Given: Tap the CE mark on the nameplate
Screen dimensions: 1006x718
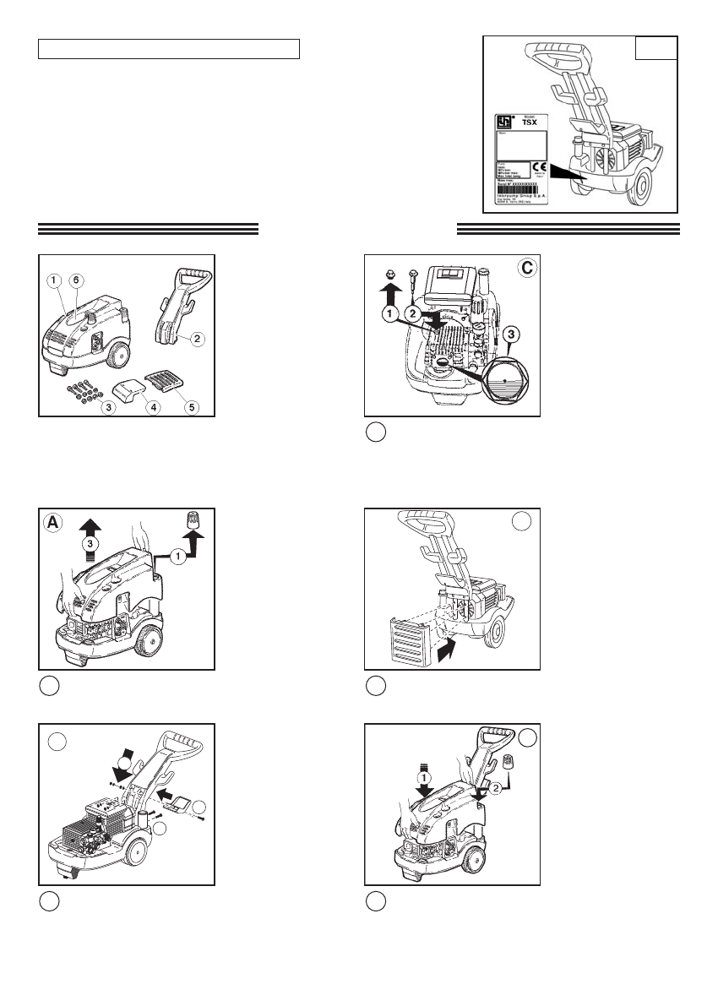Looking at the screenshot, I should click(x=541, y=168).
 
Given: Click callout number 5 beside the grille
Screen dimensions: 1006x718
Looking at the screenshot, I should click(x=192, y=406).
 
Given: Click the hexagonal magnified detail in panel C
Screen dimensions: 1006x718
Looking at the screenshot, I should click(x=505, y=380).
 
